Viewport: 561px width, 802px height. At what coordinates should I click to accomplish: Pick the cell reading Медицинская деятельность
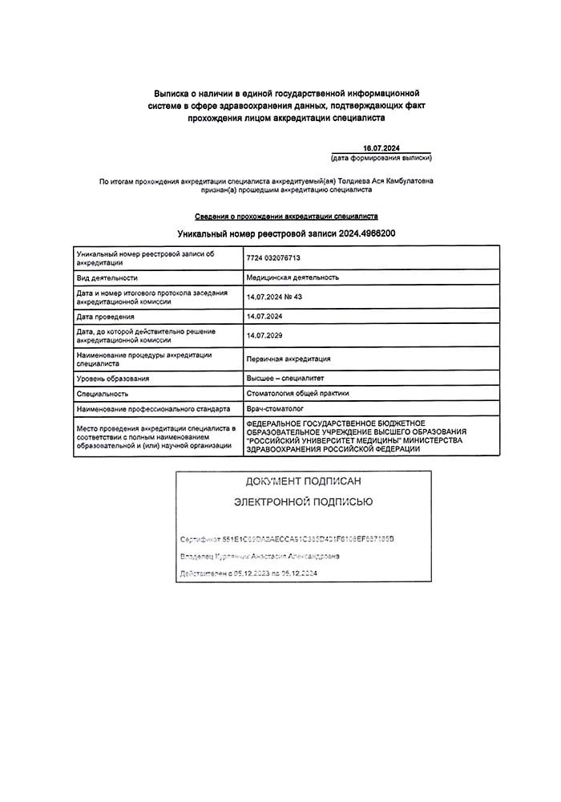(x=293, y=277)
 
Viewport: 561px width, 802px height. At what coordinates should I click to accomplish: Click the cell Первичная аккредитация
(x=289, y=358)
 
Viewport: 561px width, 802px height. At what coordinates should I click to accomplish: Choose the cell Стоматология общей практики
(x=298, y=394)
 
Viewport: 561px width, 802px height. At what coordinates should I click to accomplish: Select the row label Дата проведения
(x=105, y=317)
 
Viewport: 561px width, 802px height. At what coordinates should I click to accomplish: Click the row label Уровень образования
(x=113, y=378)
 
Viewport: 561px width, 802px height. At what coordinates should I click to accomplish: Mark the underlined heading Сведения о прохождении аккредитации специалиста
(x=286, y=217)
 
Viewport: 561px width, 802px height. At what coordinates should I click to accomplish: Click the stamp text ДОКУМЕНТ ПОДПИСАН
(x=303, y=481)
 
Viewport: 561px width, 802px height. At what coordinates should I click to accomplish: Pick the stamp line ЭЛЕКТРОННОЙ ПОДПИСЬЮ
(x=303, y=502)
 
